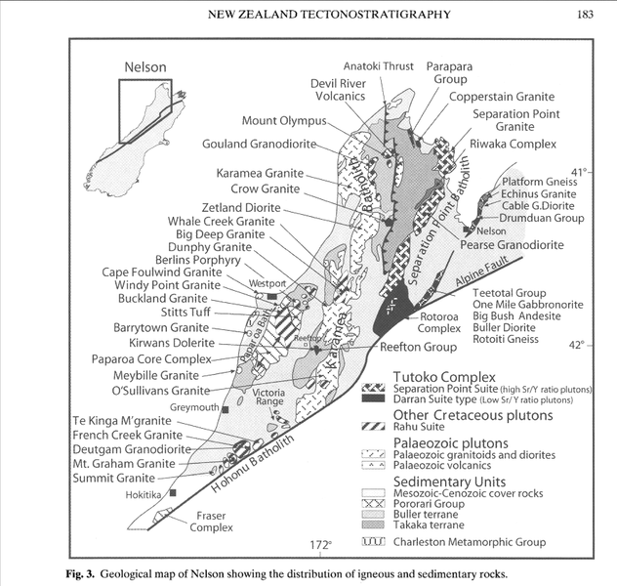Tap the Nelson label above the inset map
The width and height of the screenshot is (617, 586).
[146, 68]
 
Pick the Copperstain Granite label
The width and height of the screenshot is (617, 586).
[502, 98]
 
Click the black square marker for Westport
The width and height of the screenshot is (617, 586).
[273, 296]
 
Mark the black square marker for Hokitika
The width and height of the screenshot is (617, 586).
[173, 494]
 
